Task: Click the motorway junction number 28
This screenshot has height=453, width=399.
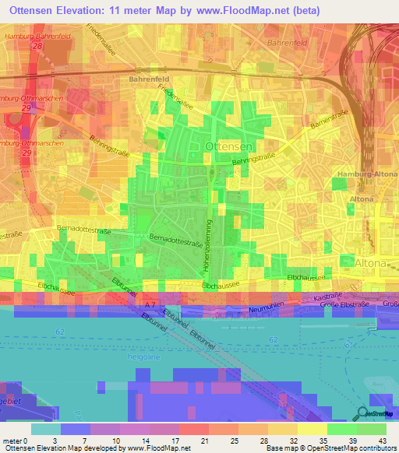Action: pos(37,47)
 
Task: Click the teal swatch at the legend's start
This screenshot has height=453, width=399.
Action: pos(45,429)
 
